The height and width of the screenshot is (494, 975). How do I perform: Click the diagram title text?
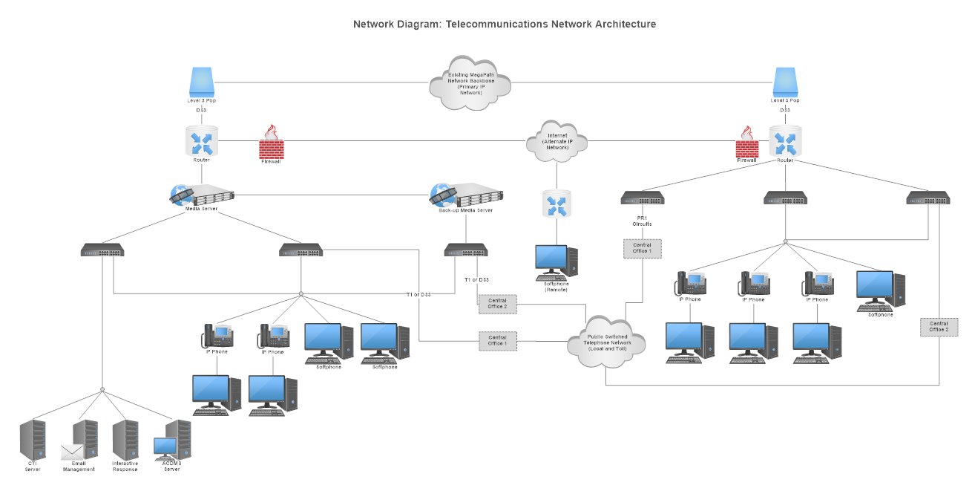(505, 25)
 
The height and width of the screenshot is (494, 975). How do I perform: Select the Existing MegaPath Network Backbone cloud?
(470, 82)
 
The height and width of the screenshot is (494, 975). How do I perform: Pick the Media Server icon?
(202, 195)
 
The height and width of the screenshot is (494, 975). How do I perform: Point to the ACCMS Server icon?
(173, 441)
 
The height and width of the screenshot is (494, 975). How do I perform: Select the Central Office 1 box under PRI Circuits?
(639, 248)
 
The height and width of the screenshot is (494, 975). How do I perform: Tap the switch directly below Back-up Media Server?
(466, 250)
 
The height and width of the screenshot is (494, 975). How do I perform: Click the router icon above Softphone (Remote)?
(556, 204)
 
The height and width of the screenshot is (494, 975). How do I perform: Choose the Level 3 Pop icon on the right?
(785, 81)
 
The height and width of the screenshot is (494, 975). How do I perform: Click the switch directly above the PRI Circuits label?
(642, 198)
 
